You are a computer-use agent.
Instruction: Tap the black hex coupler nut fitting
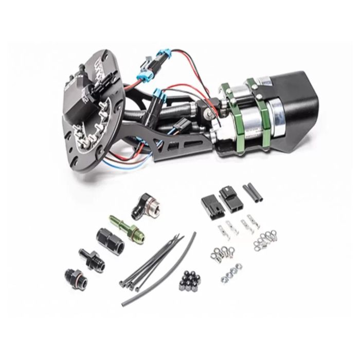[x=106, y=239]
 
